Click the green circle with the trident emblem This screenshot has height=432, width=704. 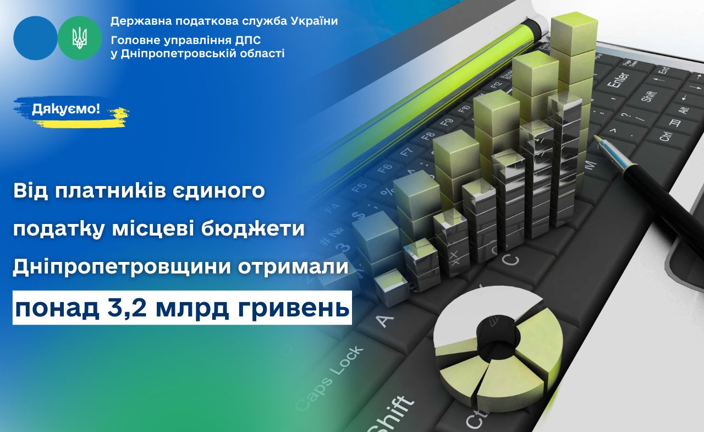[x=80, y=38]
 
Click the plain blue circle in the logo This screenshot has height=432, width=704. [x=35, y=38]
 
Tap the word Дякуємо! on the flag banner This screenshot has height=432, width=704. [x=66, y=110]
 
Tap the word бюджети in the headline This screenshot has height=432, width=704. [x=252, y=229]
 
